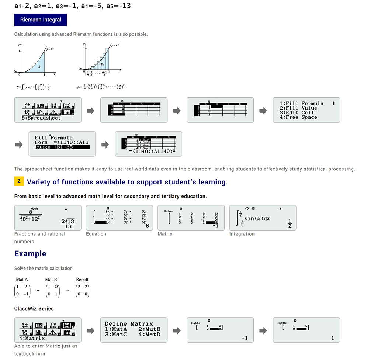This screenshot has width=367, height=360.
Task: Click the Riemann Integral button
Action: click(41, 20)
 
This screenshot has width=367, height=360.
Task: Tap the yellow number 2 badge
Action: click(19, 181)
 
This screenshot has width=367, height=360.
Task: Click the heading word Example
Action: click(30, 254)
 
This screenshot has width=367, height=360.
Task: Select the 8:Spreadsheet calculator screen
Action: click(48, 110)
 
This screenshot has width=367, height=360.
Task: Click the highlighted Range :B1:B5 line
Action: click(62, 147)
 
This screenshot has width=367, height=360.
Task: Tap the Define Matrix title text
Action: click(129, 324)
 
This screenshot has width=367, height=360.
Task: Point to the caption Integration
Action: click(242, 234)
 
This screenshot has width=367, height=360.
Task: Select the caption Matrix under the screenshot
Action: click(165, 234)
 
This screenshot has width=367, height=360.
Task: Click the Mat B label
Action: click(51, 280)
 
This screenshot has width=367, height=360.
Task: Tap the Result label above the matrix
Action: click(82, 280)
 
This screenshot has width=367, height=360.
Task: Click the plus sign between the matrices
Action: click(38, 291)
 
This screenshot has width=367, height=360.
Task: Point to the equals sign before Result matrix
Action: click(67, 291)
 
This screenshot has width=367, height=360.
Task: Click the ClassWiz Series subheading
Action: click(34, 308)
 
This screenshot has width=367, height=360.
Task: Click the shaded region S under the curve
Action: click(39, 67)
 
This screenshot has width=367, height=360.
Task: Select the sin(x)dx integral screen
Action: click(263, 218)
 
